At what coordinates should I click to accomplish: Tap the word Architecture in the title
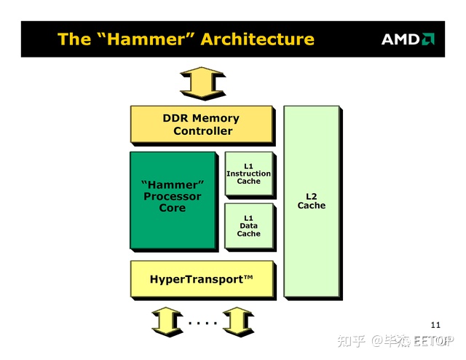(257, 39)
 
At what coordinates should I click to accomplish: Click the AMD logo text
(400, 39)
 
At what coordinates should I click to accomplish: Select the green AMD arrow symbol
(428, 39)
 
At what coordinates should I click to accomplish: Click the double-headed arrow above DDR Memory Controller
(203, 83)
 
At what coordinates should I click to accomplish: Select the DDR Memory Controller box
(202, 125)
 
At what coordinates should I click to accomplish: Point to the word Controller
(203, 131)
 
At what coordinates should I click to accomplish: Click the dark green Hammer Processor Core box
(174, 201)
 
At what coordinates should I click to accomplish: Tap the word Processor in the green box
(173, 196)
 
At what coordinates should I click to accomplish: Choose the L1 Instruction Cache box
(250, 175)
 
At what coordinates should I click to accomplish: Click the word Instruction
(249, 173)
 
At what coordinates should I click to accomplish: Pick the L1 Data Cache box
(250, 227)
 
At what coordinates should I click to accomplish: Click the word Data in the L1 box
(249, 225)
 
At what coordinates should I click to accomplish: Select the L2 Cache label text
(312, 201)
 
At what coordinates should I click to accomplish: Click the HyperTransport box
(203, 280)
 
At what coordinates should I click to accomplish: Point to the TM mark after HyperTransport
(248, 278)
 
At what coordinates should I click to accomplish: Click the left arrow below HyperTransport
(167, 321)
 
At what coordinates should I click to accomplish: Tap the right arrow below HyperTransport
(238, 321)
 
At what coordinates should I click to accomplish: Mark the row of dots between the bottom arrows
(203, 323)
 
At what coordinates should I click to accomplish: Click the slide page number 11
(435, 325)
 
